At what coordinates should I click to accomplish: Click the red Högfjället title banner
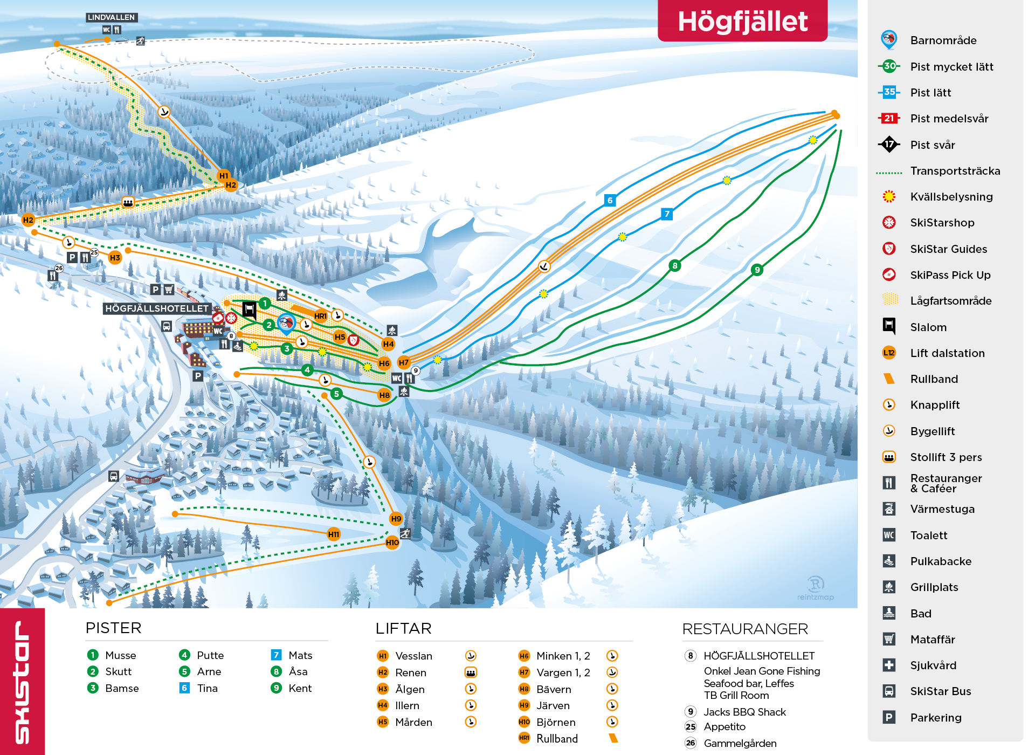[742, 21]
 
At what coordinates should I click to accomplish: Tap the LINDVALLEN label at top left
[112, 17]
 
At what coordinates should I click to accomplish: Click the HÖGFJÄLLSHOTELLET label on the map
[156, 308]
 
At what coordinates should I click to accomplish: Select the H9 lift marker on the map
[396, 519]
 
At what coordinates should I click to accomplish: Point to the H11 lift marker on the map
[334, 534]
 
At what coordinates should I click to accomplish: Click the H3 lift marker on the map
[115, 258]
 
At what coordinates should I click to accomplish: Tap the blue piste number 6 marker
[610, 201]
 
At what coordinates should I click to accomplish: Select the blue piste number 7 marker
[667, 214]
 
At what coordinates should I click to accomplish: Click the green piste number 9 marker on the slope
[757, 270]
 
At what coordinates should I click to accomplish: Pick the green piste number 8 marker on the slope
[674, 265]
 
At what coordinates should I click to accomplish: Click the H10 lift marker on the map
[392, 543]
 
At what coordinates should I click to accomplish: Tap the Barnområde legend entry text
[943, 40]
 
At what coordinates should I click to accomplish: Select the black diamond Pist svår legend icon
[889, 145]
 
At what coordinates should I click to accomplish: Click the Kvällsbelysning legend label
[951, 197]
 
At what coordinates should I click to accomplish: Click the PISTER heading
[113, 628]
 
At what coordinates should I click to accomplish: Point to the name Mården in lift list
[413, 722]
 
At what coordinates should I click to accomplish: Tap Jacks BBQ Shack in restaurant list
[744, 712]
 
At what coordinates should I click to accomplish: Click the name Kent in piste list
[300, 688]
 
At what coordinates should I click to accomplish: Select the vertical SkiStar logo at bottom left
[22, 682]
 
